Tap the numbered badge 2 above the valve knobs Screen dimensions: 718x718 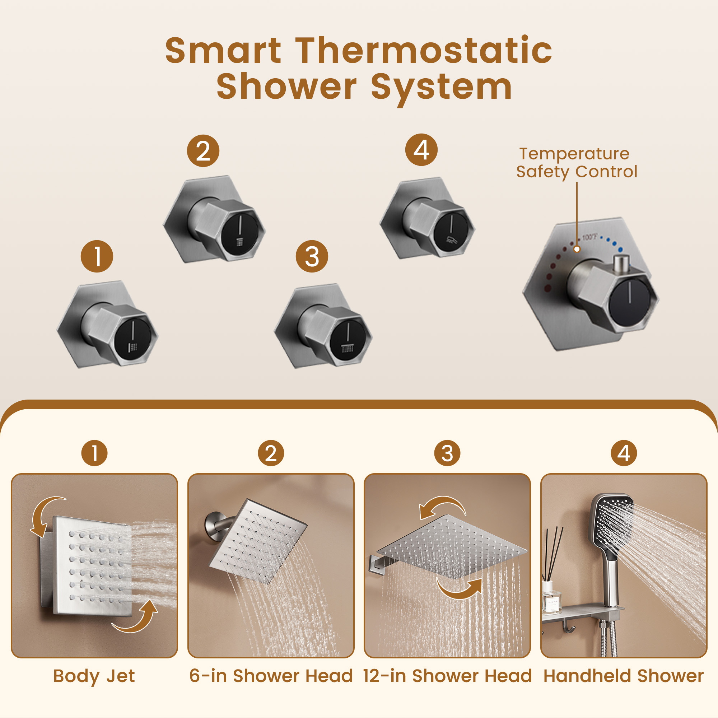pyautogui.click(x=203, y=151)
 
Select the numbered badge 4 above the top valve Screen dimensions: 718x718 pyautogui.click(x=421, y=150)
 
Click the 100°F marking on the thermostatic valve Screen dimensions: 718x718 pyautogui.click(x=590, y=237)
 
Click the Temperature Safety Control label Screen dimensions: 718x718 pyautogui.click(x=577, y=163)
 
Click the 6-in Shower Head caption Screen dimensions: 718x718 pyautogui.click(x=271, y=676)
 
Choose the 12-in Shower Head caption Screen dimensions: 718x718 pyautogui.click(x=447, y=676)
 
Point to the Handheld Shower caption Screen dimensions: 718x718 pyautogui.click(x=624, y=676)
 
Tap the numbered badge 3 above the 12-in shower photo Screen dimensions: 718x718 pyautogui.click(x=447, y=453)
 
